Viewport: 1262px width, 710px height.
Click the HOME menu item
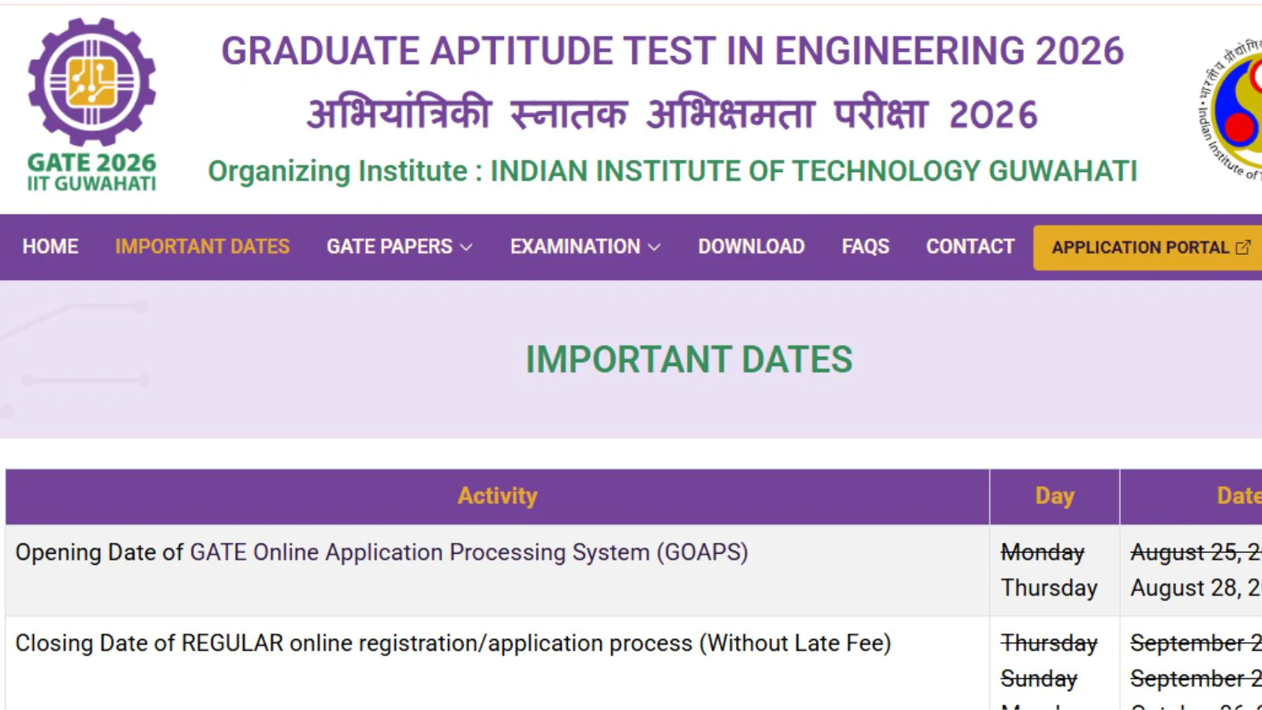[x=50, y=247]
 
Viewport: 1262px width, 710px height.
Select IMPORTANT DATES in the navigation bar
[x=203, y=247]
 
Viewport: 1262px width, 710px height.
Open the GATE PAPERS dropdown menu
[x=399, y=247]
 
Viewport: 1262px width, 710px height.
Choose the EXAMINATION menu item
[x=584, y=247]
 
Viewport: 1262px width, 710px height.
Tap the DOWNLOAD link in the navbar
[x=751, y=247]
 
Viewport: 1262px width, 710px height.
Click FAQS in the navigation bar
[x=865, y=247]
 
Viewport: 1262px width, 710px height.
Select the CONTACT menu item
[x=970, y=247]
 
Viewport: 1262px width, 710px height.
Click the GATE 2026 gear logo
[x=91, y=82]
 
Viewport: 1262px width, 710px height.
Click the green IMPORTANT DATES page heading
[x=689, y=360]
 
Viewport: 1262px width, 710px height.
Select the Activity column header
[x=498, y=496]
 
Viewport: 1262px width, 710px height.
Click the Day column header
[x=1055, y=496]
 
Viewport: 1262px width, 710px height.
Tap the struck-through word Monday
[x=1043, y=553]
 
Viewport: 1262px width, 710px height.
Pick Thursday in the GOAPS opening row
[x=1049, y=589]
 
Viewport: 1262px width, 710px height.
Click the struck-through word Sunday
[x=1039, y=679]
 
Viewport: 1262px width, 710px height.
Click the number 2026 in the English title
[x=1079, y=52]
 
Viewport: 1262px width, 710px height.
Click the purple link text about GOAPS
[x=469, y=552]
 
